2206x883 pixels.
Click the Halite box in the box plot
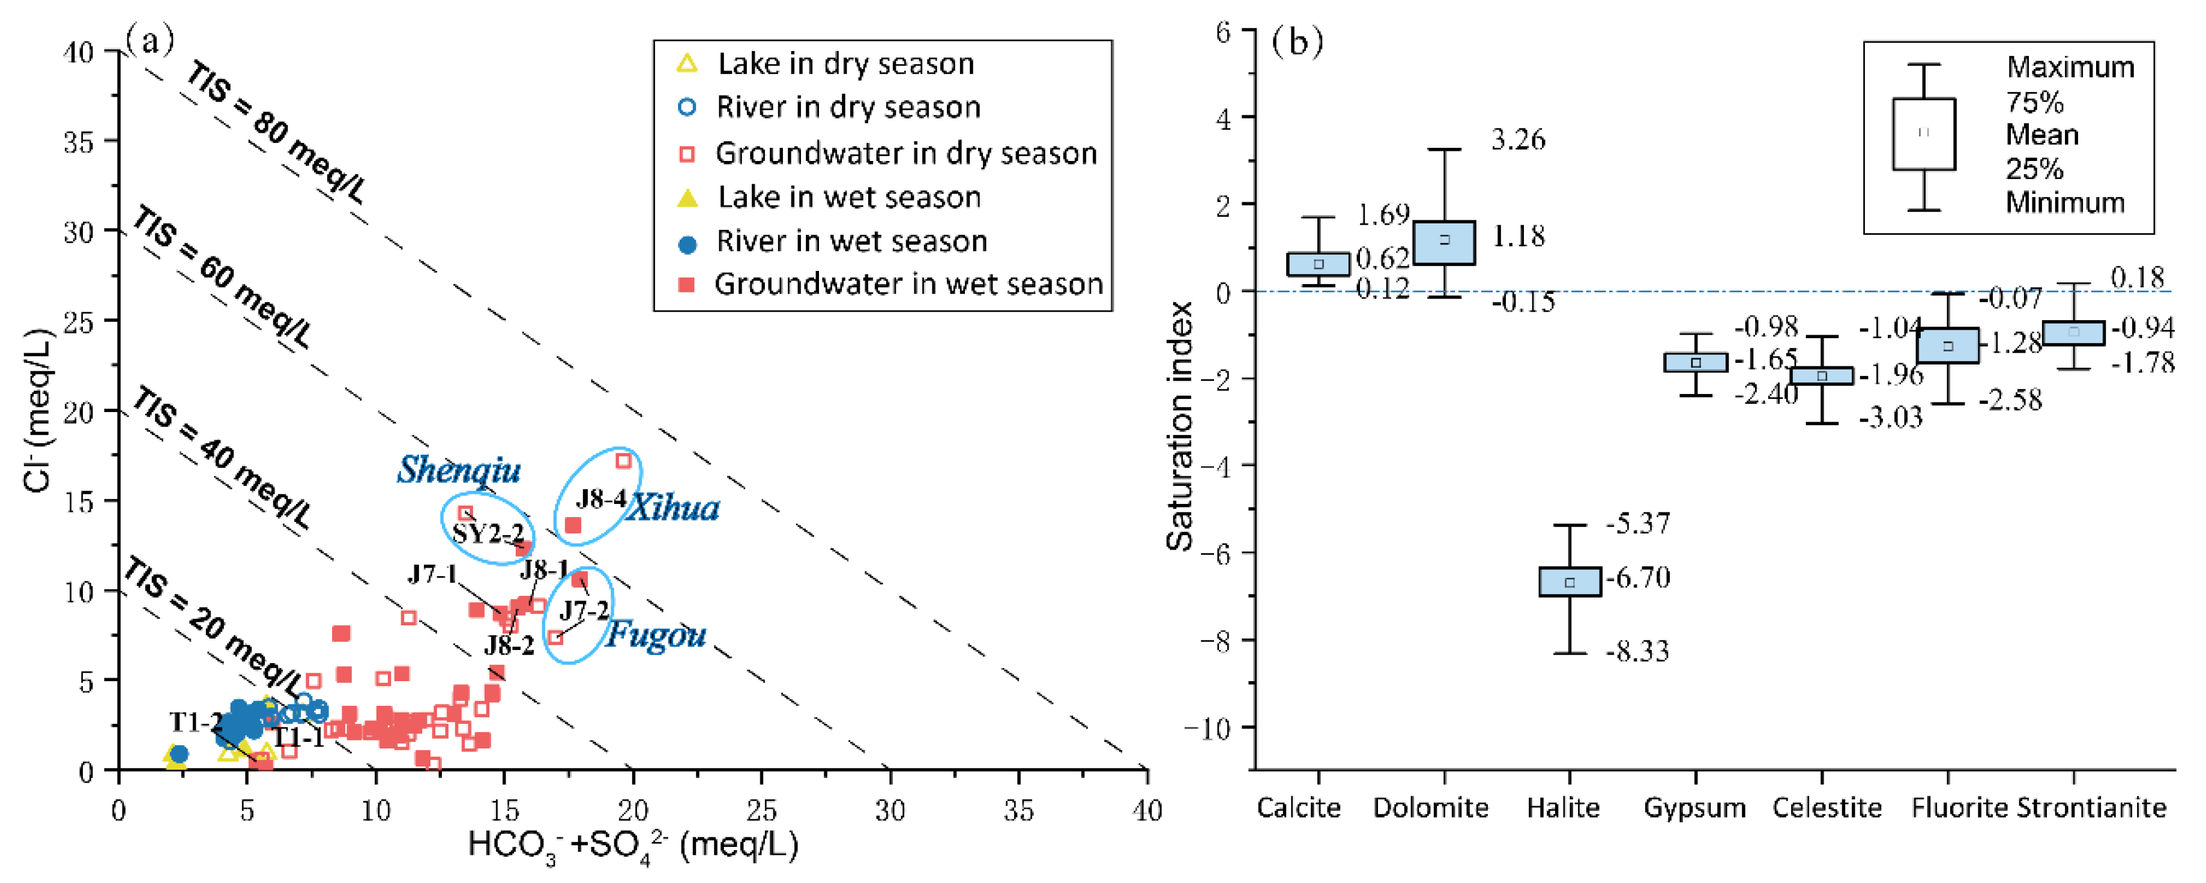(1570, 581)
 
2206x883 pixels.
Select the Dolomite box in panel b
(1444, 243)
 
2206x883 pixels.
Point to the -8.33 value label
(1637, 652)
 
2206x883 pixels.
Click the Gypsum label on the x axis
(1694, 808)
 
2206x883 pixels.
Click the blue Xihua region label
(672, 509)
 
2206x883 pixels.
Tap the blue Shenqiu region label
(458, 470)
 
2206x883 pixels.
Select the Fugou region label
(656, 635)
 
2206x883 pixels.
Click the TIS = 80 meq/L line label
(276, 133)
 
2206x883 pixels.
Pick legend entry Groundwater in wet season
(908, 284)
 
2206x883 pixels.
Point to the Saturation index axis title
(1179, 426)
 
